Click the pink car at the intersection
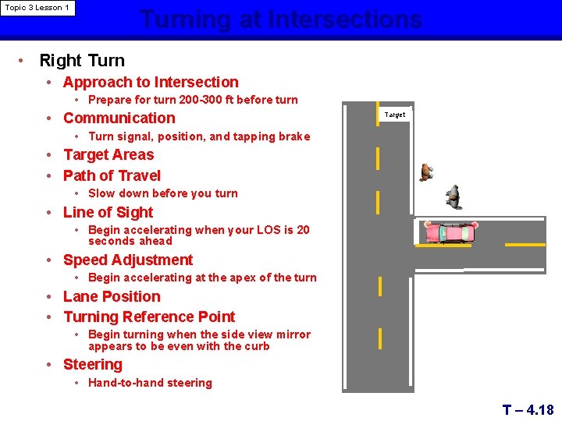(x=450, y=232)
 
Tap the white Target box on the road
(x=395, y=115)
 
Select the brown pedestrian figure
(x=426, y=172)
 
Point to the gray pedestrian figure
(x=454, y=197)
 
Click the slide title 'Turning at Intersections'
(x=281, y=19)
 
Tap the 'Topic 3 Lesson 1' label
(x=37, y=8)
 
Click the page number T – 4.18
(x=528, y=409)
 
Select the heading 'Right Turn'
(x=82, y=60)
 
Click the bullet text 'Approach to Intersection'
(x=151, y=82)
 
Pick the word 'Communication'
(x=119, y=118)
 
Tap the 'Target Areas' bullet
(x=108, y=154)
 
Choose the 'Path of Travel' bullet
(x=112, y=175)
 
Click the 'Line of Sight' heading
(x=108, y=212)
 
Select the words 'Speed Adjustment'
(x=128, y=260)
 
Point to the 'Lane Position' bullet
(x=112, y=296)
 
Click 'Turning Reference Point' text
(x=149, y=317)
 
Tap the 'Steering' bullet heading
(x=93, y=364)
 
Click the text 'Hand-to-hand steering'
(x=150, y=383)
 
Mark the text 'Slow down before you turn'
(x=163, y=193)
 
